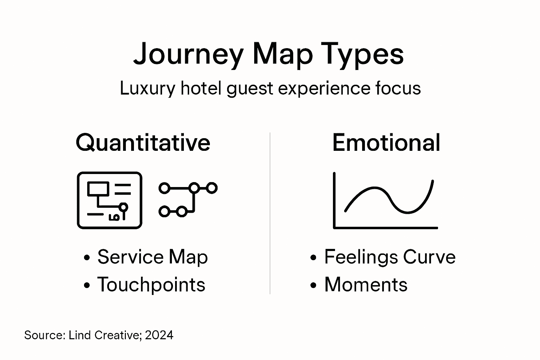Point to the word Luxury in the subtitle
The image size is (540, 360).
[147, 88]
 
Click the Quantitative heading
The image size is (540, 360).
[143, 143]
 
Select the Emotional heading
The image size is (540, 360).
[386, 143]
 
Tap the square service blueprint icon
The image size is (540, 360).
[109, 200]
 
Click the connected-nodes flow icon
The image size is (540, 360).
[188, 199]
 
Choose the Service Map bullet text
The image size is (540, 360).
[153, 257]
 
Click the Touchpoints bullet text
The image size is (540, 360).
[151, 284]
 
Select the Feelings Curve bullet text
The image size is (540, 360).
[390, 257]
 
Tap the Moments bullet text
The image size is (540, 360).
[366, 284]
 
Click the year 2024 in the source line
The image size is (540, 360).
[159, 335]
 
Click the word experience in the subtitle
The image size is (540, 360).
[324, 88]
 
